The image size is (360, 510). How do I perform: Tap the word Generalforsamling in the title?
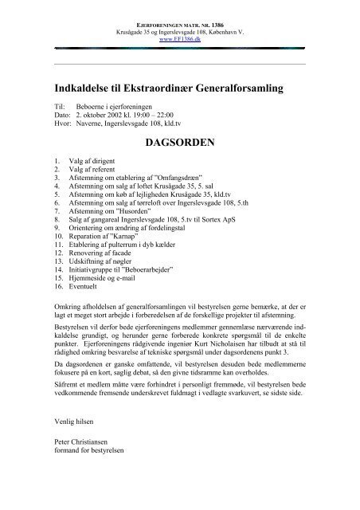242,86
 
